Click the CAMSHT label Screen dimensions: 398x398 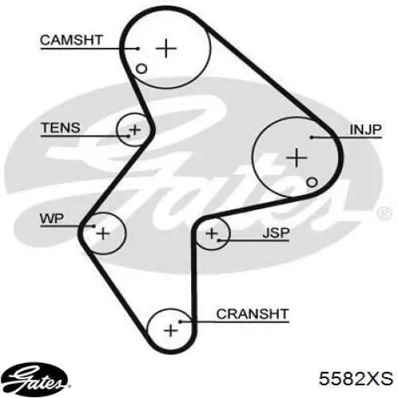coord(71,40)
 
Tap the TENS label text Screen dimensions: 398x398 coord(60,127)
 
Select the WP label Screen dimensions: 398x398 coord(52,218)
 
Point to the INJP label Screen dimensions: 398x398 coord(365,130)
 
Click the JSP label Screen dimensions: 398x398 coord(275,233)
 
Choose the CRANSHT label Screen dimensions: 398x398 coord(252,314)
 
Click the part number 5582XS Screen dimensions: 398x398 coord(356,378)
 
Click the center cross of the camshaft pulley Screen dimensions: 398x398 coord(166,49)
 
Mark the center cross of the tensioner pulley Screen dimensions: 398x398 coord(135,130)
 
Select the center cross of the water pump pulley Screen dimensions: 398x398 coord(103,233)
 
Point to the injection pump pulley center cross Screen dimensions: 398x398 coord(297,158)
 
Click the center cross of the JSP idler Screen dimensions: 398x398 coord(212,233)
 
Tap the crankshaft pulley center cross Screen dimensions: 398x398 coord(171,330)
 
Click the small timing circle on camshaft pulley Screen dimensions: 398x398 coord(141,68)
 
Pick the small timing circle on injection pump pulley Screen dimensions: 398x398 coord(312,182)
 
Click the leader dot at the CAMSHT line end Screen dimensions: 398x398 coord(138,49)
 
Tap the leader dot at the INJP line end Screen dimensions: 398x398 coord(312,138)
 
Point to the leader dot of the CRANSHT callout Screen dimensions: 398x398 coord(180,322)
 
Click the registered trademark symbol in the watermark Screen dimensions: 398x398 coord(384,213)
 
